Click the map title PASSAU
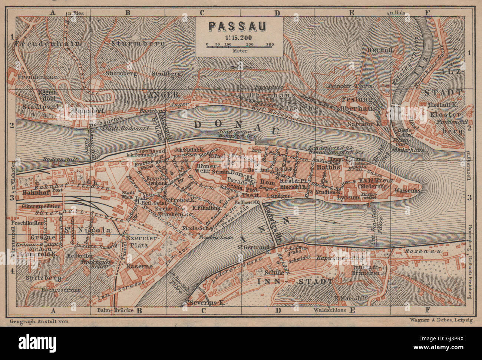click(x=239, y=26)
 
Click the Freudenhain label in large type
click(x=48, y=43)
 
